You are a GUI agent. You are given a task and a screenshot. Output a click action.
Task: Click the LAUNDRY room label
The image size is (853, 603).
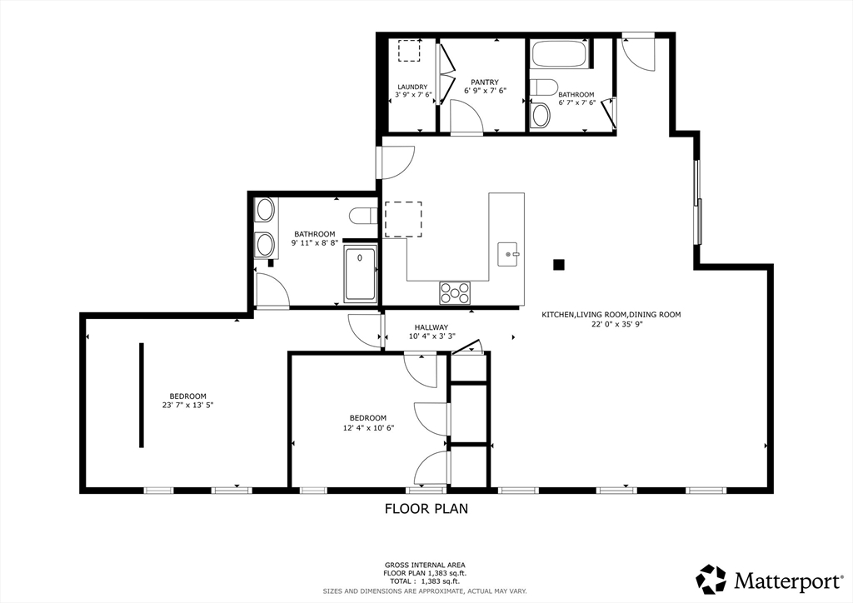click(x=412, y=87)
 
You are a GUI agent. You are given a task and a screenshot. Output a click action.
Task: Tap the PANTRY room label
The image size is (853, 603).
click(x=484, y=81)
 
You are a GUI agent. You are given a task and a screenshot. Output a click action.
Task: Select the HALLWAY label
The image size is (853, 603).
click(x=429, y=327)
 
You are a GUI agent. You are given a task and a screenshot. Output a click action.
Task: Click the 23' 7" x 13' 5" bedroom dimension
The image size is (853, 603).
click(x=187, y=406)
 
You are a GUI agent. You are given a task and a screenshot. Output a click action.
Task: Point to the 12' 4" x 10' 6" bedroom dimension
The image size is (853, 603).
click(x=367, y=427)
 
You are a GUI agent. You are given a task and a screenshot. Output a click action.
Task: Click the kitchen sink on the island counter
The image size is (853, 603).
click(x=508, y=251)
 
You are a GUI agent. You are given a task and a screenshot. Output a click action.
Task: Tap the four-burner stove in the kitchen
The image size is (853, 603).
click(x=455, y=292)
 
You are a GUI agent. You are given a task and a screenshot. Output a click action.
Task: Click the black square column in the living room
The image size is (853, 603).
click(x=559, y=265)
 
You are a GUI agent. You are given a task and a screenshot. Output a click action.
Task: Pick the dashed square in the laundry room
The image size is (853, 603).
click(x=410, y=51)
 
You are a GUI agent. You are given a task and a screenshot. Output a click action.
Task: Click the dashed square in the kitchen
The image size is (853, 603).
click(x=403, y=219)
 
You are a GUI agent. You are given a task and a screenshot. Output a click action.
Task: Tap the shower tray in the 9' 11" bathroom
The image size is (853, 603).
click(x=360, y=275)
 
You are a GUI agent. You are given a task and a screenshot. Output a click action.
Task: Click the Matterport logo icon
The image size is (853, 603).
click(x=711, y=579)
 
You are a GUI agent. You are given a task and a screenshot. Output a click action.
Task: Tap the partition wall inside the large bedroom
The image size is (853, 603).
click(x=142, y=396)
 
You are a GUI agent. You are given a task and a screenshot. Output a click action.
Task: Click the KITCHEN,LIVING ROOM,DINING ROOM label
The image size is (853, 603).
click(x=611, y=315)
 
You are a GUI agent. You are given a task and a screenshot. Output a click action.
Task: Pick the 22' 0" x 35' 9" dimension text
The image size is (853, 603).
click(x=611, y=324)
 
